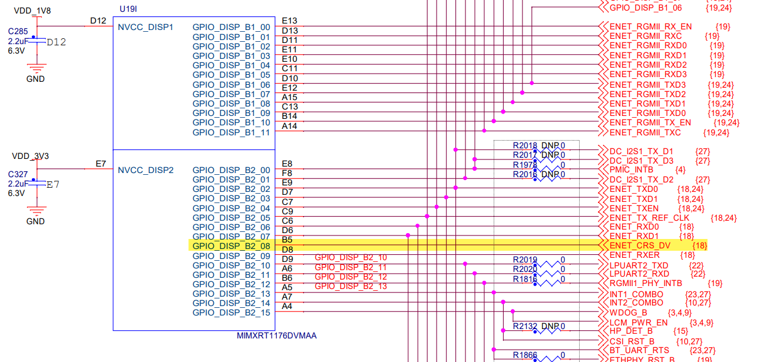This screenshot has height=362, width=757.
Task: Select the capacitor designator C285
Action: [x=18, y=31]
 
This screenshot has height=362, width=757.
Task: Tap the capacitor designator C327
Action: [x=18, y=174]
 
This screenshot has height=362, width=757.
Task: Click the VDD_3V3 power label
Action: [x=31, y=156]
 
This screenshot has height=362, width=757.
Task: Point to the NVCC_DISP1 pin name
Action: [x=146, y=27]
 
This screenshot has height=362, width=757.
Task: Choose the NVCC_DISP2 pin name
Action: [x=146, y=170]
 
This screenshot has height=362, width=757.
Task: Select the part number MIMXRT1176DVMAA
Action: [x=276, y=336]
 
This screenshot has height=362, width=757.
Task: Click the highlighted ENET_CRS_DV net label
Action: [x=640, y=245]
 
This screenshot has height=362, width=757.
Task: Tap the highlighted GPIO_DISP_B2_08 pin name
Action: [x=231, y=246]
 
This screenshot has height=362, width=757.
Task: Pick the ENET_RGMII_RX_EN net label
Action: [x=650, y=26]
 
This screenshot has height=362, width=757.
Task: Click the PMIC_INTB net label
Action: [x=632, y=170]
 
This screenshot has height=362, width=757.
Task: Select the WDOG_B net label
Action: [x=629, y=312]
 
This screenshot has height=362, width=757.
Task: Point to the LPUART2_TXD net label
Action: [x=639, y=265]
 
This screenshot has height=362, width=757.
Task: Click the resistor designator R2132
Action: [x=525, y=326]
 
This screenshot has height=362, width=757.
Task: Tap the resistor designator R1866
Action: [x=525, y=355]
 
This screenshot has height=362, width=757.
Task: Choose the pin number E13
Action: [x=290, y=21]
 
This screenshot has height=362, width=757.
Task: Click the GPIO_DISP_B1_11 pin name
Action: [x=231, y=132]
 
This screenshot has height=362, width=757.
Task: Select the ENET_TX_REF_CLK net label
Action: [x=649, y=218]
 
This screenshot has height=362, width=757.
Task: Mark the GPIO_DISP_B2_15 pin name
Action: [x=231, y=313]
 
